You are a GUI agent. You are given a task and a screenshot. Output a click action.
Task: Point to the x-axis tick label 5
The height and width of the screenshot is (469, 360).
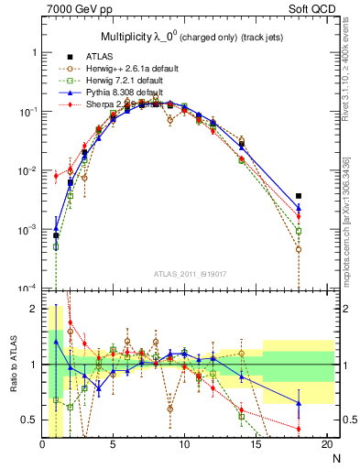point(113,445)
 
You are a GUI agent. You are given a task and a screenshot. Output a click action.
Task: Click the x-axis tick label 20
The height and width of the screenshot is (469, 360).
point(327,445)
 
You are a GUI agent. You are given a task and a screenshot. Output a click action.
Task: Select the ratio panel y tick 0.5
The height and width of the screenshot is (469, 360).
point(30,420)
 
